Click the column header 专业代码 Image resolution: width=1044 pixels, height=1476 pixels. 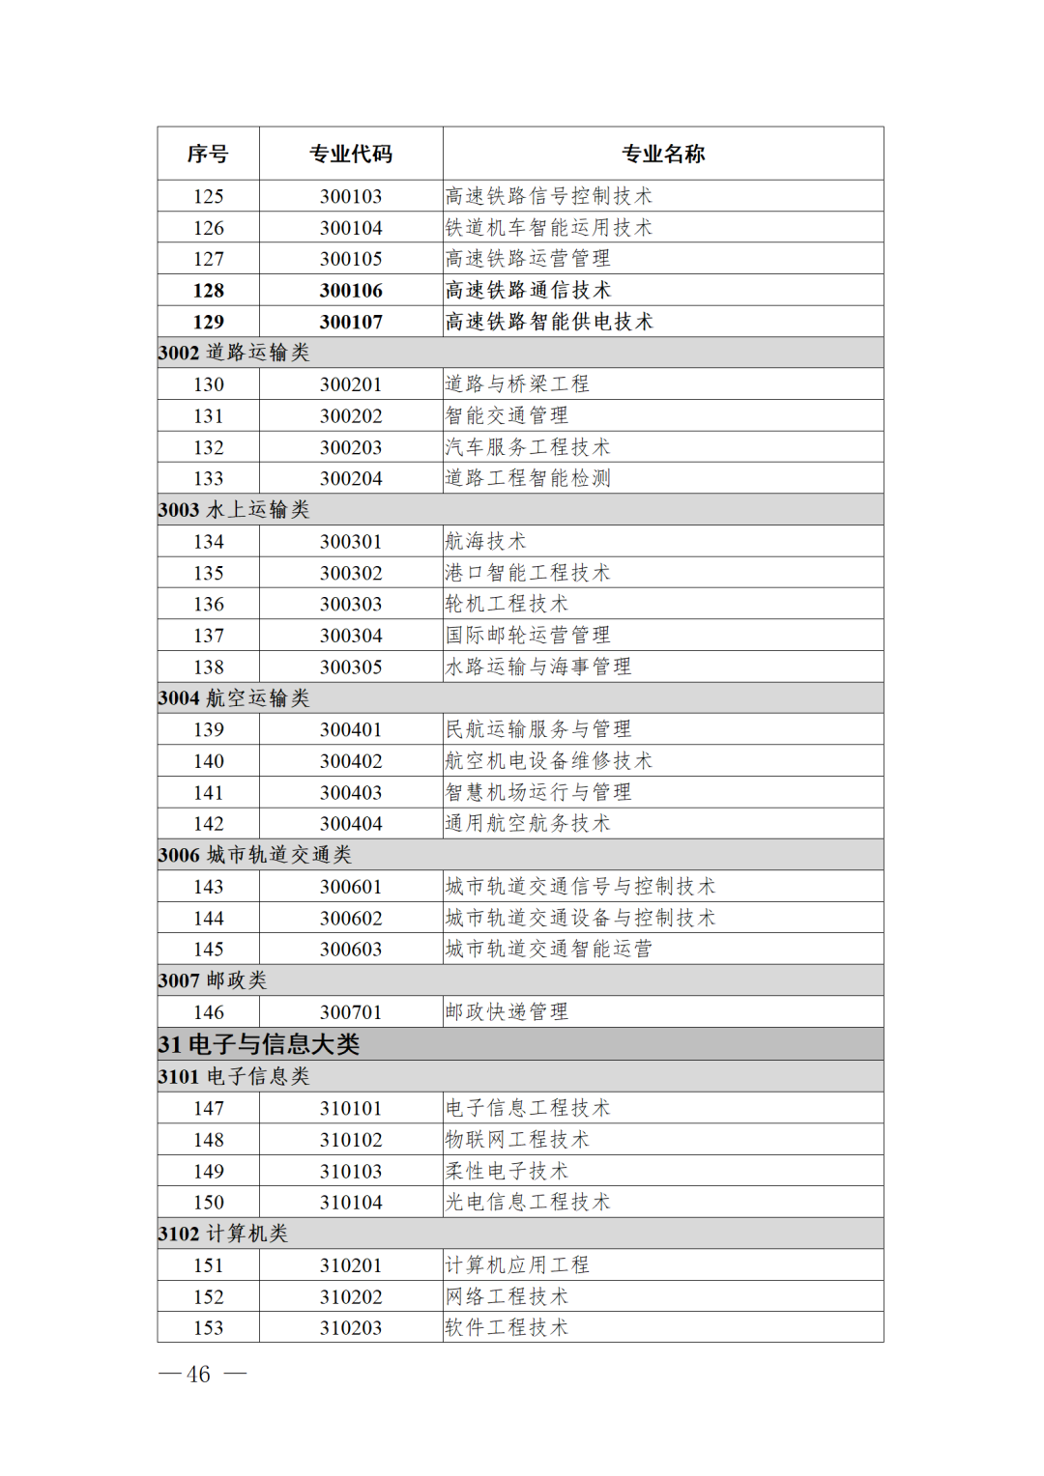pos(351,154)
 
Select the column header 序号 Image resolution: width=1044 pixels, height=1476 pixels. pos(208,154)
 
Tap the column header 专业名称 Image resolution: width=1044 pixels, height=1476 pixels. pos(663,154)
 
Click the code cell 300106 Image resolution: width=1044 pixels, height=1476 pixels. pos(351,291)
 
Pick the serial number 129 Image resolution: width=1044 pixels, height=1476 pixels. pos(208,322)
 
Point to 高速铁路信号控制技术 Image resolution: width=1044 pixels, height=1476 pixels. pos(549,196)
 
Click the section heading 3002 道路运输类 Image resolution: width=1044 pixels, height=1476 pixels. pos(234,353)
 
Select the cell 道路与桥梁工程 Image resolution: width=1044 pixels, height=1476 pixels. pos(517,384)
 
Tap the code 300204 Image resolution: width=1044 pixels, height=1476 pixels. pos(351,478)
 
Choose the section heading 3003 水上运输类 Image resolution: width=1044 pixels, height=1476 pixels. pos(234,510)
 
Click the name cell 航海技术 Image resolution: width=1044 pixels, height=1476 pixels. pos(485,541)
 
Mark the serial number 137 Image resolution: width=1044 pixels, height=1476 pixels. pos(208,636)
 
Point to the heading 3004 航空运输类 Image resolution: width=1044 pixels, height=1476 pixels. pos(234,698)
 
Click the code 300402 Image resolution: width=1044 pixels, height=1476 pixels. pos(351,761)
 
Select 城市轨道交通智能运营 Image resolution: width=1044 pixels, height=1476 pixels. pos(549,950)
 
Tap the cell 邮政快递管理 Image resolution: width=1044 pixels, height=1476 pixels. pos(507,1012)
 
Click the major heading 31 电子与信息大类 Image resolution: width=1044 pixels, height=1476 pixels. pos(259,1044)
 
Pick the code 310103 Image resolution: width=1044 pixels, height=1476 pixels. pos(351,1171)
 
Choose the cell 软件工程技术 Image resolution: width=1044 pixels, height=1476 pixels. pos(507,1328)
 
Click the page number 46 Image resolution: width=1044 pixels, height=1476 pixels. pos(199,1375)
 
